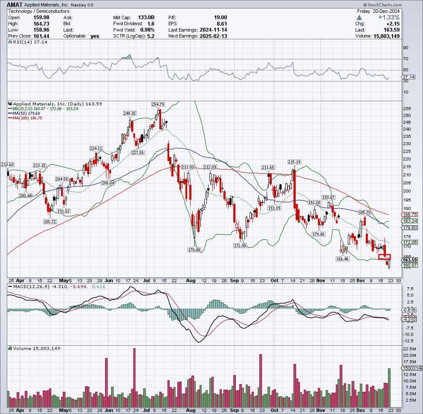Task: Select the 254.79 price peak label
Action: [158, 104]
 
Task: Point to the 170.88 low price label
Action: [194, 249]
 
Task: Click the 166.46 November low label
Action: [343, 259]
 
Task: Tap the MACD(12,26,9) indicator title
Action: [28, 287]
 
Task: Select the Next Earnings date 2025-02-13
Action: [213, 36]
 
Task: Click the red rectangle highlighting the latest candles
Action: [385, 257]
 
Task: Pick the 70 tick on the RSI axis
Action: [405, 59]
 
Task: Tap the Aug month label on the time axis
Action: [191, 280]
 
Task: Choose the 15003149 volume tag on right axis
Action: [412, 368]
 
